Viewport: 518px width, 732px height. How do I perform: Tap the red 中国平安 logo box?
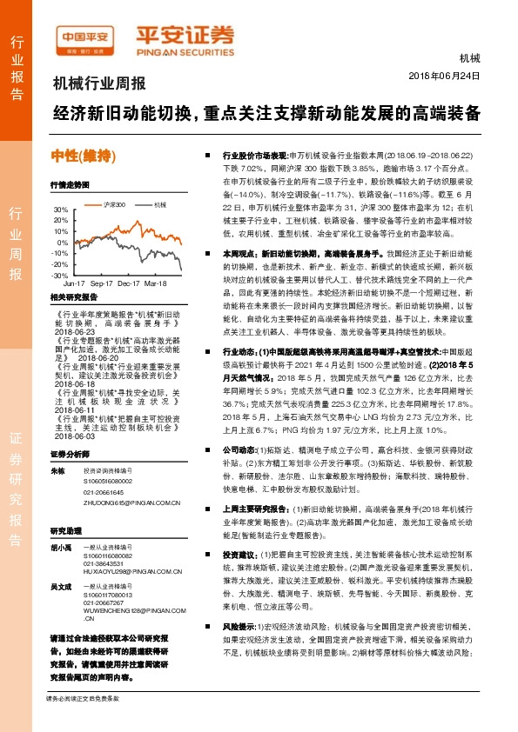85,37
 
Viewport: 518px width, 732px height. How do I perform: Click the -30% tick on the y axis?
59,275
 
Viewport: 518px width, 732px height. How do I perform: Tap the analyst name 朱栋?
58,469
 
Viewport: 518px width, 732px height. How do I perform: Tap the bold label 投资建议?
239,553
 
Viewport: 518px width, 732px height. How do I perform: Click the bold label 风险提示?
239,649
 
